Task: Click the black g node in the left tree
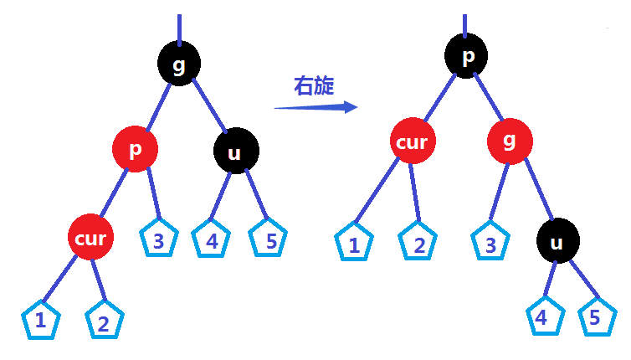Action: click(178, 66)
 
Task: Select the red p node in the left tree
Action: click(134, 151)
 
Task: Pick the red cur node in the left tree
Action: click(90, 238)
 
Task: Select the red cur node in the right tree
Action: click(412, 142)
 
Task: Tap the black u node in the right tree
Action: click(557, 242)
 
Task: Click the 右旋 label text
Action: click(314, 85)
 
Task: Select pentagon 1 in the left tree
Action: click(39, 321)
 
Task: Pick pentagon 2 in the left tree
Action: click(104, 322)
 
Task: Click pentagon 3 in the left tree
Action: click(158, 240)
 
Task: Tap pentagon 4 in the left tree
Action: click(212, 241)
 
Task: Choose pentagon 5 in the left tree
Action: click(269, 241)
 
